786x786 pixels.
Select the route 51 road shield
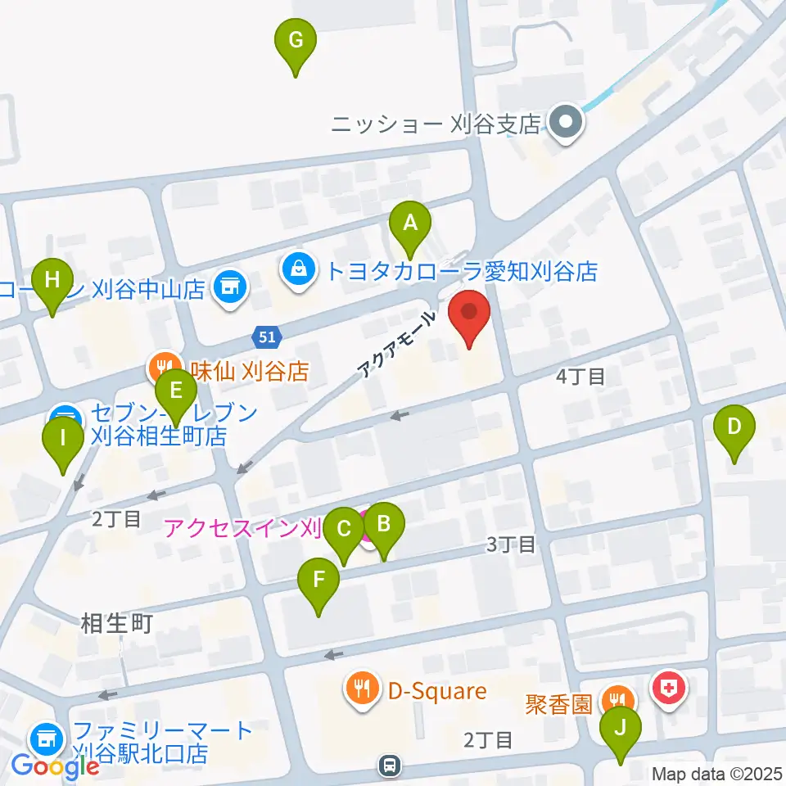tap(266, 337)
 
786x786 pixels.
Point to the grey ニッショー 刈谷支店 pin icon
tap(564, 124)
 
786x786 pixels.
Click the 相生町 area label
tap(117, 624)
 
